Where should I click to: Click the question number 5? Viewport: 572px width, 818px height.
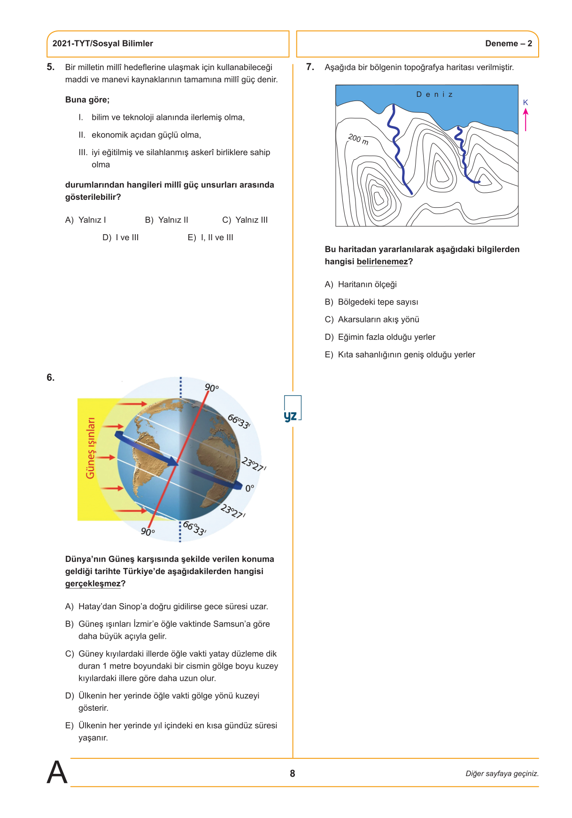coord(50,67)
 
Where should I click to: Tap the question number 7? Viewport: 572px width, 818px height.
coord(309,67)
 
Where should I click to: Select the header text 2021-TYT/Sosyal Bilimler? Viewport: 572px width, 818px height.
coord(102,44)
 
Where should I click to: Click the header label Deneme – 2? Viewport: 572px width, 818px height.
coord(508,44)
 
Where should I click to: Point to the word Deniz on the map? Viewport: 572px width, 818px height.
coord(434,94)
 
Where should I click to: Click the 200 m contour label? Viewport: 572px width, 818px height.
coord(358,139)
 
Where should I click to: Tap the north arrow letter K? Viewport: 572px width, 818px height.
coord(526,102)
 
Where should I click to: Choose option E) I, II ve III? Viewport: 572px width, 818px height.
coord(210,237)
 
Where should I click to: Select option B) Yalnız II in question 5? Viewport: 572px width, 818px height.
coord(167,220)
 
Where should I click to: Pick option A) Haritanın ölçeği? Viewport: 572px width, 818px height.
coord(361,284)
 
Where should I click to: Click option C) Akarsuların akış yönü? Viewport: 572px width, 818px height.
coord(372,320)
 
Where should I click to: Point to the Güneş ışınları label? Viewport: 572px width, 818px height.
coord(90,448)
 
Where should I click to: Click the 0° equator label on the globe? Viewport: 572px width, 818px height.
coord(249,488)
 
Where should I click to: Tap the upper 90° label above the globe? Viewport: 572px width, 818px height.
coord(211,388)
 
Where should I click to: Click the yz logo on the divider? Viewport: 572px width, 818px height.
coord(291,416)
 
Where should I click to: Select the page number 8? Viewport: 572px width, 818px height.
coord(292,773)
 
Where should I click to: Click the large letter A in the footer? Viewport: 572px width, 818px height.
coord(57,772)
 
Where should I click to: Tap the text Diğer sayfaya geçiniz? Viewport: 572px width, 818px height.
coord(502,773)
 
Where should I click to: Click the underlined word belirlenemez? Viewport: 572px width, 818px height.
coord(382,262)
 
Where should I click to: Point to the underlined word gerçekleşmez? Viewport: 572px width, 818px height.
coord(93,583)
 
